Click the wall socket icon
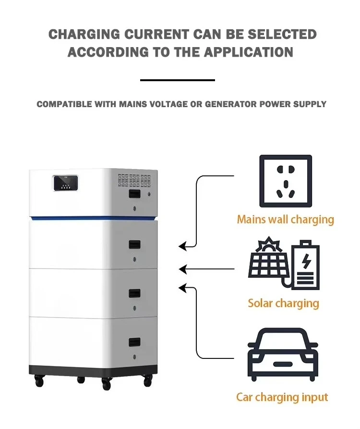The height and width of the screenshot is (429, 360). [x=286, y=181]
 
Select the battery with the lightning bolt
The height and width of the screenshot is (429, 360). [x=305, y=265]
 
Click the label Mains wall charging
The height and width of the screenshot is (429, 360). [x=285, y=220]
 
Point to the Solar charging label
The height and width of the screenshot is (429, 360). [x=283, y=303]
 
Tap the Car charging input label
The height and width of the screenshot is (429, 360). [x=282, y=397]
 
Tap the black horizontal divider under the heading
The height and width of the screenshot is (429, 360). [x=178, y=80]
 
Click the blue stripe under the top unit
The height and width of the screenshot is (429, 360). [x=94, y=219]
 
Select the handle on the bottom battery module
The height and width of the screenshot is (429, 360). [x=135, y=342]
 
